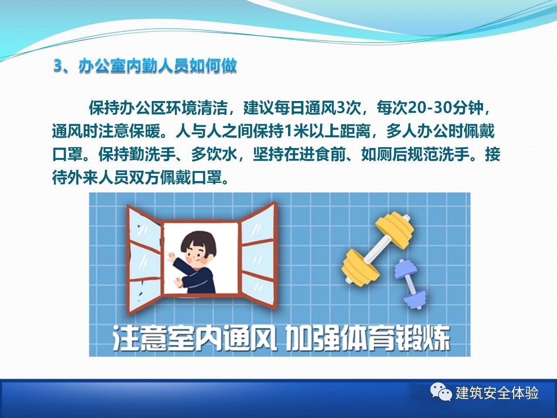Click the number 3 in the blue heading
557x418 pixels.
click(x=58, y=67)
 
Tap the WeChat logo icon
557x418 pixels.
click(x=441, y=392)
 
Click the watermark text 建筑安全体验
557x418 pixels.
click(x=497, y=393)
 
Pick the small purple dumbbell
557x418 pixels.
click(x=409, y=283)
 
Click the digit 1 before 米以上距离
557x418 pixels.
click(x=288, y=132)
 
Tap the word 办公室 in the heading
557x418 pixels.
click(x=102, y=67)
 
